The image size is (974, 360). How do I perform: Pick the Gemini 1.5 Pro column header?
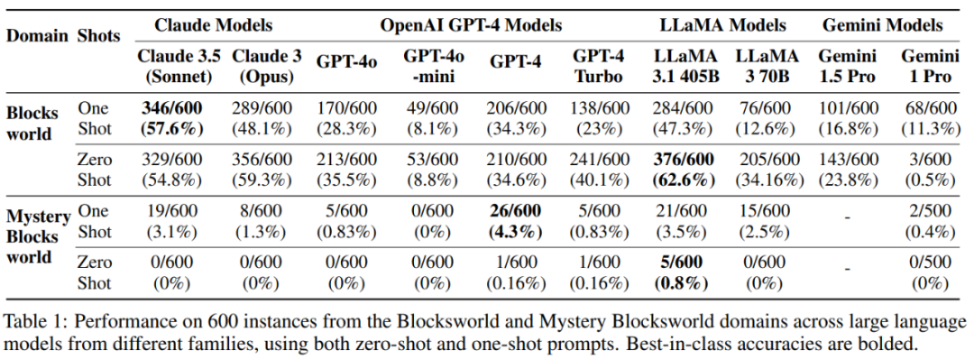[847, 67]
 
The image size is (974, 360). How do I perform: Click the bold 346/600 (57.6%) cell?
[171, 119]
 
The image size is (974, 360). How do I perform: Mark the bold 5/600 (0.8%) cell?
[682, 273]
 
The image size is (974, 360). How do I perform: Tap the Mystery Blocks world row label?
[38, 236]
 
